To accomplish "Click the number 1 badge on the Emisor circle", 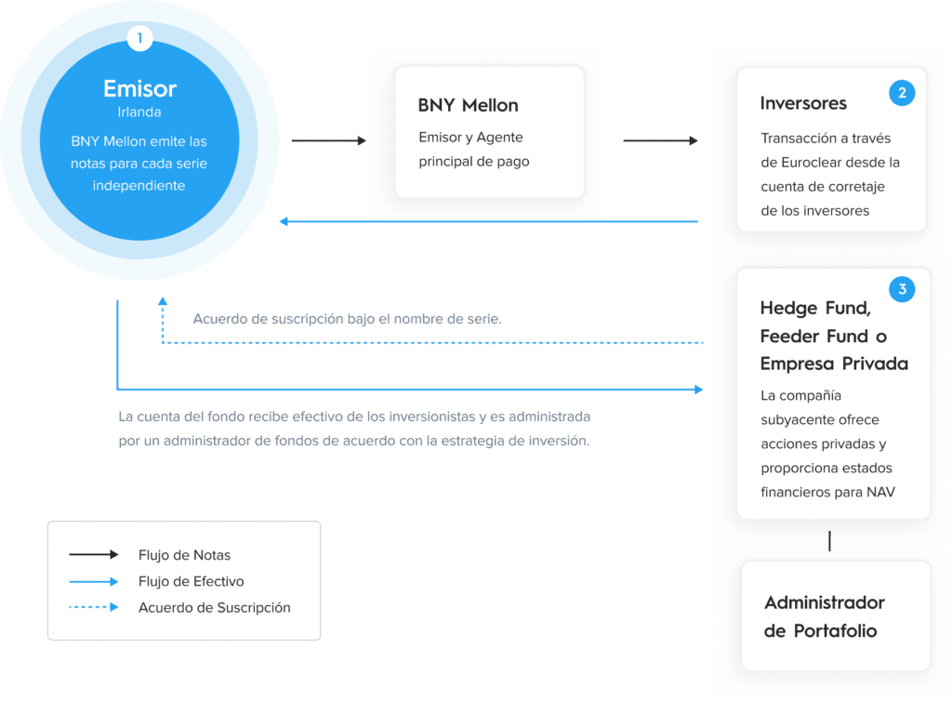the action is [x=139, y=38].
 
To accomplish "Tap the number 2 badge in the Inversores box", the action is [x=902, y=93].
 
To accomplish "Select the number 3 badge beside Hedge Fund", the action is [x=902, y=289].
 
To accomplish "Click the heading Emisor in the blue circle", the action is [x=139, y=88].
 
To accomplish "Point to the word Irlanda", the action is [x=139, y=112].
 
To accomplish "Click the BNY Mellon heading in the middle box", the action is [x=469, y=105].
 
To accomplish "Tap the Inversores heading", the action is [x=803, y=103].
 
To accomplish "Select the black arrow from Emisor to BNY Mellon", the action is [x=329, y=140].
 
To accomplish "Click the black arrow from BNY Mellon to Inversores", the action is [x=661, y=140].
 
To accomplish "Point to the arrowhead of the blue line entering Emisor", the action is [x=284, y=221].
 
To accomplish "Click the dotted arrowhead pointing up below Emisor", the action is [x=163, y=301].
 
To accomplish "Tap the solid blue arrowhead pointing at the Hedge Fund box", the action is [x=699, y=389].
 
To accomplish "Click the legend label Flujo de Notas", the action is [x=185, y=555].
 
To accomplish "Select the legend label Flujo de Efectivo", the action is [x=192, y=581].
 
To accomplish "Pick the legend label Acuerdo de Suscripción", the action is [x=215, y=607].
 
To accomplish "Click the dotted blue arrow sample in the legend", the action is [x=94, y=607].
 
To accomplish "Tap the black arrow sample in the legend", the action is [x=94, y=554].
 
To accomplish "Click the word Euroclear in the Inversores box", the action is [x=811, y=163].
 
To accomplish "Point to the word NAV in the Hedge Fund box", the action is [x=881, y=492].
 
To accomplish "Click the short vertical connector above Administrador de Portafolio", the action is [x=829, y=541].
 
